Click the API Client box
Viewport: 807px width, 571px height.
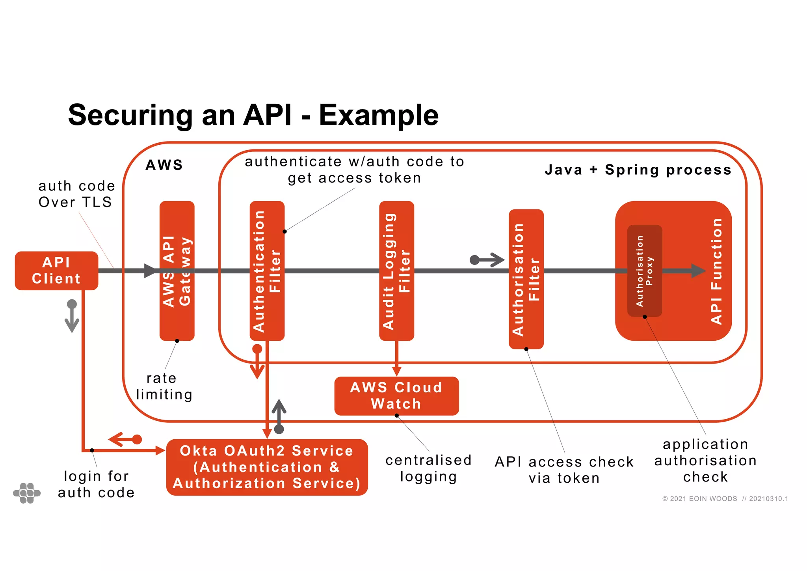pyautogui.click(x=56, y=271)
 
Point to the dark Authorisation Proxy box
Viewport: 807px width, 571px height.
pyautogui.click(x=644, y=292)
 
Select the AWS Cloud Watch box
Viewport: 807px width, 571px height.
pyautogui.click(x=396, y=396)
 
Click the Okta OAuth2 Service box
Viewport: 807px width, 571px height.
pyautogui.click(x=267, y=467)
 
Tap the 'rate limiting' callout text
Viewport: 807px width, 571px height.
pyautogui.click(x=164, y=386)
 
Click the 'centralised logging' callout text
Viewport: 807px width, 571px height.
pyautogui.click(x=428, y=468)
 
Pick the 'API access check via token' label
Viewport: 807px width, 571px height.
pyautogui.click(x=564, y=470)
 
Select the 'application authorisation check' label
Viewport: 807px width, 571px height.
pyautogui.click(x=705, y=460)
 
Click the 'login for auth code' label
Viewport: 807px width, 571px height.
pyautogui.click(x=96, y=484)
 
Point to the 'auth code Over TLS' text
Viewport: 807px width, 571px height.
pyautogui.click(x=76, y=194)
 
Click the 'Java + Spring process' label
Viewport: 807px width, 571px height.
pyautogui.click(x=638, y=170)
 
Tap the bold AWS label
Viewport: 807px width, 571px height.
pyautogui.click(x=164, y=165)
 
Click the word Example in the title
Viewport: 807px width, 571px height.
pyautogui.click(x=378, y=115)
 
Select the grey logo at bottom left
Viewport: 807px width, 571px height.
pyautogui.click(x=27, y=493)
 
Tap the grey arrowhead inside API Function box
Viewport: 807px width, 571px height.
pyautogui.click(x=698, y=271)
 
